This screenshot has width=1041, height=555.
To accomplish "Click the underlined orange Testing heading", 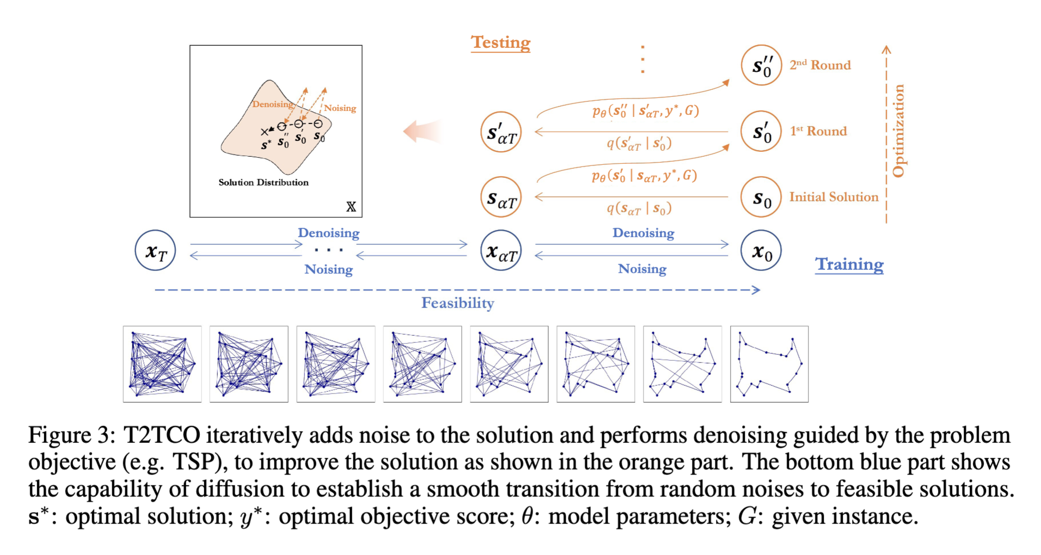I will [500, 42].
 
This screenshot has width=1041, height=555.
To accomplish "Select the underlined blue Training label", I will [849, 264].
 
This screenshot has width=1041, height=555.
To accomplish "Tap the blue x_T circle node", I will [155, 251].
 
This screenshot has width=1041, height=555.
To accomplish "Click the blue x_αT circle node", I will [501, 251].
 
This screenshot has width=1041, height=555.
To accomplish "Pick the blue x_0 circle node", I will [761, 251].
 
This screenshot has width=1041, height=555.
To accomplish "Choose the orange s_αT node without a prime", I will [501, 198].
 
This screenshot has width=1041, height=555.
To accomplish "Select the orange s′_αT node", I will [501, 132].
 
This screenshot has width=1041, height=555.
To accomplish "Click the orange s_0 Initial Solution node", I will [761, 198].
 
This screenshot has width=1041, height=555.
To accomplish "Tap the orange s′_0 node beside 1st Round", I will [761, 132].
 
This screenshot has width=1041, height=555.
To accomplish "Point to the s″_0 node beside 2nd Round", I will [761, 66].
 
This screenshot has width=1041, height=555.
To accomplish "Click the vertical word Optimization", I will [898, 131].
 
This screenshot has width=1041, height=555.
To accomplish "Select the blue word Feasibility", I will [457, 303].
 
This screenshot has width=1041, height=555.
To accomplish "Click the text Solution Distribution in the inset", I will [264, 182].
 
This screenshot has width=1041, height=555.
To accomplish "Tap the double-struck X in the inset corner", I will [351, 207].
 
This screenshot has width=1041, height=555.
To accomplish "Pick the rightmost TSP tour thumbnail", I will [769, 364].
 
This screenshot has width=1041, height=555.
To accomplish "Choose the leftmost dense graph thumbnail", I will [162, 364].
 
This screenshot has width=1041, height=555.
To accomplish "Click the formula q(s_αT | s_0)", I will [639, 208].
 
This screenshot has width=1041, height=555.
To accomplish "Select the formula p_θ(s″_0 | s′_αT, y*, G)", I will [645, 111].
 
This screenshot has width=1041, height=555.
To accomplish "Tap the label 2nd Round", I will [820, 65].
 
